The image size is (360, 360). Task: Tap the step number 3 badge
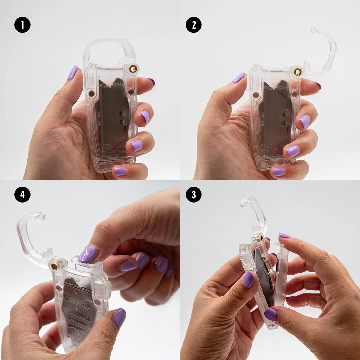(x=193, y=194)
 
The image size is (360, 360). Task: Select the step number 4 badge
(x=22, y=194)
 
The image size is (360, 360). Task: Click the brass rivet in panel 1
(x=133, y=69)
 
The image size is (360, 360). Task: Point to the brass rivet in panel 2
(x=298, y=72)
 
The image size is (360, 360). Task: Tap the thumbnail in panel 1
(x=72, y=73)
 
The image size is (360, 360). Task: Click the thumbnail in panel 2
(x=239, y=77)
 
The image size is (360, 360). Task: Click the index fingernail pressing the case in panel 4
(x=88, y=255)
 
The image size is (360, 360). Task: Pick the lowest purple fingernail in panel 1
(x=120, y=171)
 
